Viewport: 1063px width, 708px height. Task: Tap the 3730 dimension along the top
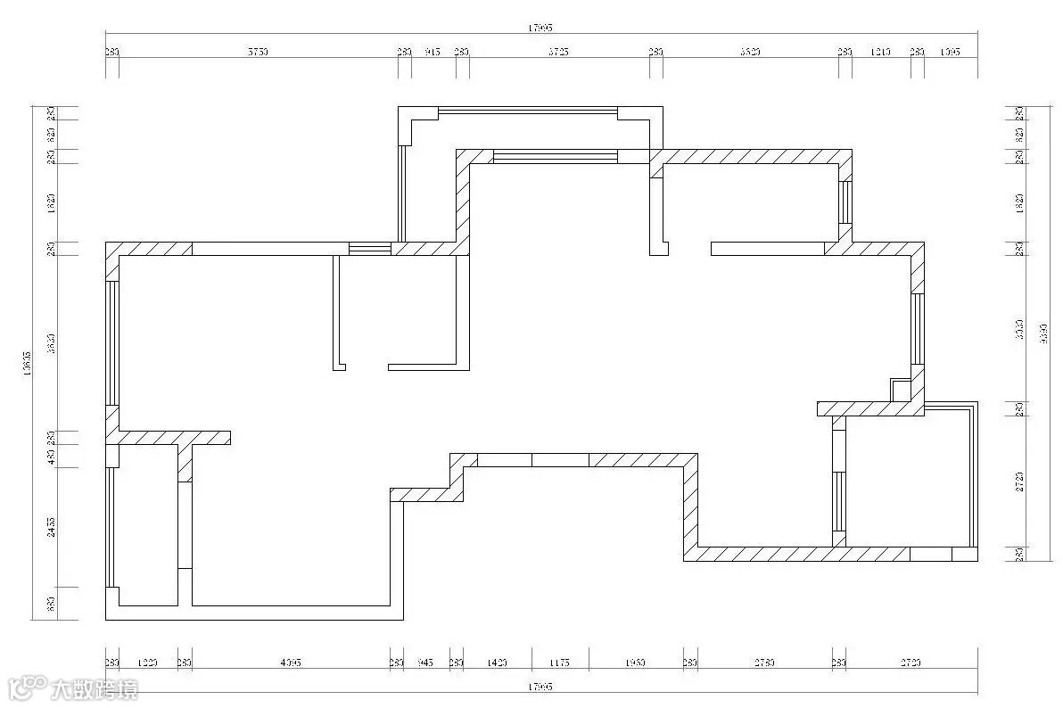tap(258, 53)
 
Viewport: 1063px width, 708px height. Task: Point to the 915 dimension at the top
tap(433, 53)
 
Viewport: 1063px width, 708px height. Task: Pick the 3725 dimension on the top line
tap(558, 53)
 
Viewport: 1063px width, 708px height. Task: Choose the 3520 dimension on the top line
tap(750, 53)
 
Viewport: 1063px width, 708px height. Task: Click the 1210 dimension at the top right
tap(880, 53)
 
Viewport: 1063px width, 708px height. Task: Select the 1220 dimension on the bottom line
tap(148, 663)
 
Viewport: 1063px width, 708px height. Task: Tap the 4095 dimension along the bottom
tap(291, 663)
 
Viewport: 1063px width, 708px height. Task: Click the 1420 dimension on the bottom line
tap(497, 663)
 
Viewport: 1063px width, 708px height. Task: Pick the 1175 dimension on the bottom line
tap(559, 663)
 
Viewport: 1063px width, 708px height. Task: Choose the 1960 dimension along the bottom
tap(635, 663)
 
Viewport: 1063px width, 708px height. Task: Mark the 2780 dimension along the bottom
tap(764, 663)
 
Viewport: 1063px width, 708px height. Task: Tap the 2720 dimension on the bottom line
tap(911, 663)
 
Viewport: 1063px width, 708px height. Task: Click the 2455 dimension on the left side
tap(52, 527)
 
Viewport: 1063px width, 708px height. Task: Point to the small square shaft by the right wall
tap(901, 391)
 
